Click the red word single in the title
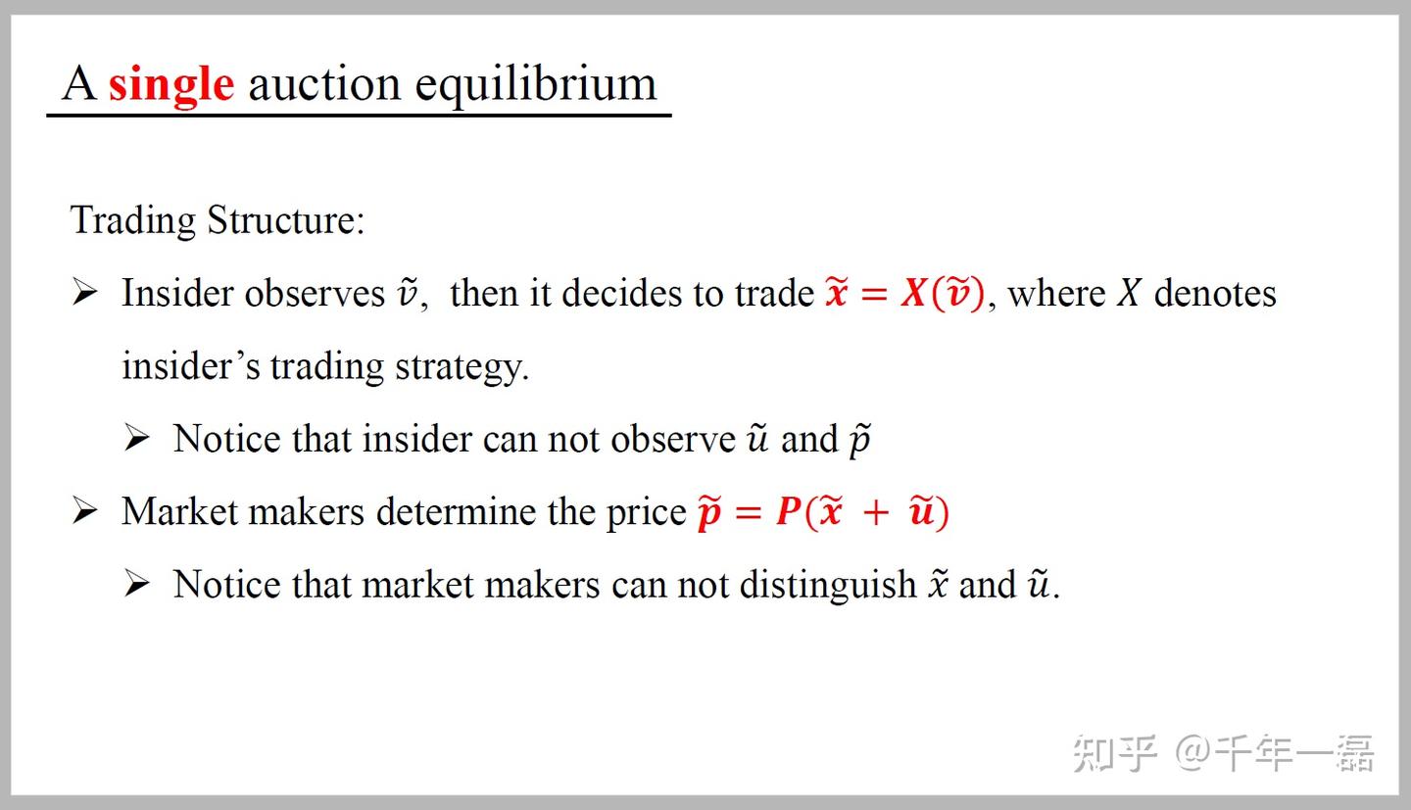(171, 85)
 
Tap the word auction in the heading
(324, 84)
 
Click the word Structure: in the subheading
(286, 220)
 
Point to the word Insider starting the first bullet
(177, 293)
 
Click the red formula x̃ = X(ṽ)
(905, 293)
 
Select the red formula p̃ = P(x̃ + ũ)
(823, 511)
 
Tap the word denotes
(1215, 294)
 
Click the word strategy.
(462, 366)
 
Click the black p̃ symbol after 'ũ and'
(860, 441)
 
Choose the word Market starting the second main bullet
(179, 511)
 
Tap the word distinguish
(828, 585)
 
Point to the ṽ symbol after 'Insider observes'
(408, 294)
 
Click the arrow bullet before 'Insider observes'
(85, 292)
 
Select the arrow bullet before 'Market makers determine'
(85, 510)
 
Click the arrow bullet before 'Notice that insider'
(137, 438)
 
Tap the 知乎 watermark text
(1115, 753)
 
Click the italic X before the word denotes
(1129, 294)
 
